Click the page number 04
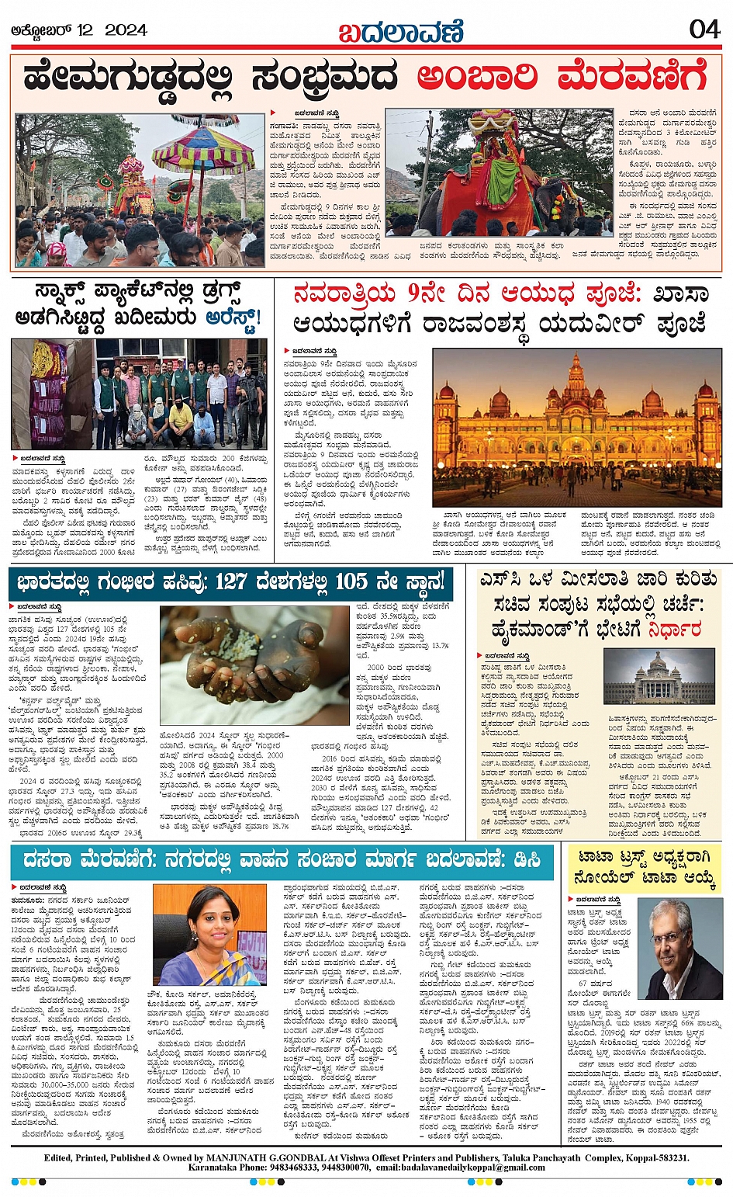point(704,29)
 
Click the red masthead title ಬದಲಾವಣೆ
point(401,32)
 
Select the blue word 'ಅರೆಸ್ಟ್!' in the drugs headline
point(234,318)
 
